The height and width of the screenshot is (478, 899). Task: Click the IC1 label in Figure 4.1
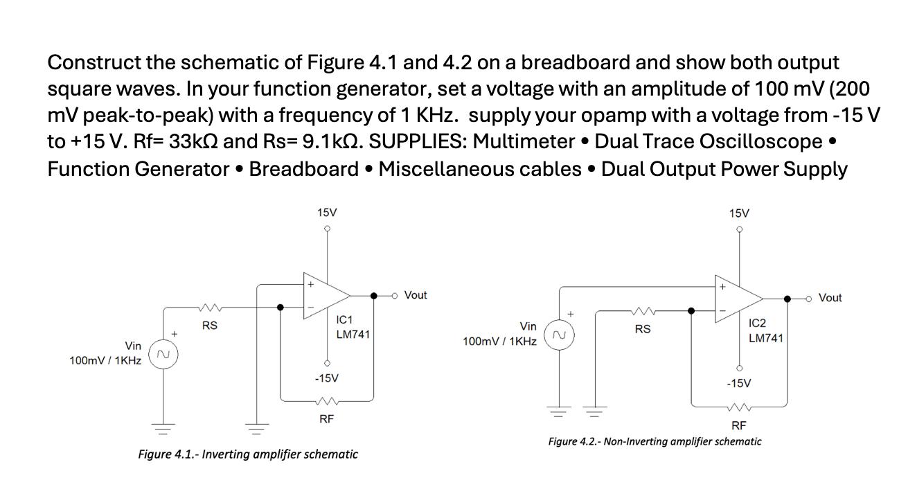(x=344, y=320)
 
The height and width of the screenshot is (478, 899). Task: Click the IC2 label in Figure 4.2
(x=758, y=324)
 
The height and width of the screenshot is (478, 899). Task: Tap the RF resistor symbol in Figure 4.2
(x=739, y=407)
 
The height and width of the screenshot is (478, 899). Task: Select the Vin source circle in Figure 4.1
(x=164, y=355)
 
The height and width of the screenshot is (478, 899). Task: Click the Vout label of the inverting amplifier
(x=415, y=295)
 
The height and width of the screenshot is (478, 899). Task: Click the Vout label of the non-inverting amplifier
(x=830, y=298)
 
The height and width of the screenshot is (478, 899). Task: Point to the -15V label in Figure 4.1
(x=326, y=378)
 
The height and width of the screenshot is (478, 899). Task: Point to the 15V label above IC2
(x=739, y=213)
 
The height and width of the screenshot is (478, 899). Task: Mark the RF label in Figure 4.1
(x=326, y=418)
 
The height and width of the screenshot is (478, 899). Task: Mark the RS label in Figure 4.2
(x=642, y=329)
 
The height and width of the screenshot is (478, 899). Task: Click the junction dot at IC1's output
(x=374, y=296)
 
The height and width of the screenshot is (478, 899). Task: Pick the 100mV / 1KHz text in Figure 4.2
(x=499, y=342)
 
